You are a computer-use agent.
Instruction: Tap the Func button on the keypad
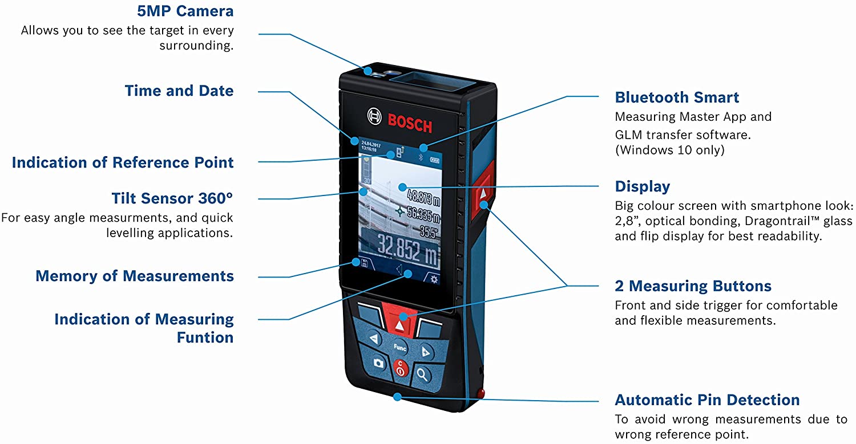[x=399, y=348]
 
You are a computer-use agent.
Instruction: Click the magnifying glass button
[x=422, y=375]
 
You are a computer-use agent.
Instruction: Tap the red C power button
[x=401, y=369]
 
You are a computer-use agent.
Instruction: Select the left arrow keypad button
[x=373, y=338]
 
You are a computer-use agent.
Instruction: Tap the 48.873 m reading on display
[x=423, y=198]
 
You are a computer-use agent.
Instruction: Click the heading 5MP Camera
[x=185, y=11]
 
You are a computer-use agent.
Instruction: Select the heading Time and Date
[x=179, y=91]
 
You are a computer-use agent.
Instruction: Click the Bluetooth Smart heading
[x=677, y=97]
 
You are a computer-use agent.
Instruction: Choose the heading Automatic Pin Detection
[x=707, y=400]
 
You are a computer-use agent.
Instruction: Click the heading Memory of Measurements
[x=135, y=276]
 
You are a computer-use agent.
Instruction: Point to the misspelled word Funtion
[x=205, y=337]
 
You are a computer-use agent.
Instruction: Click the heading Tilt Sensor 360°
[x=172, y=198]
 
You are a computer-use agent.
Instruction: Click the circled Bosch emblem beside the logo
[x=374, y=116]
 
